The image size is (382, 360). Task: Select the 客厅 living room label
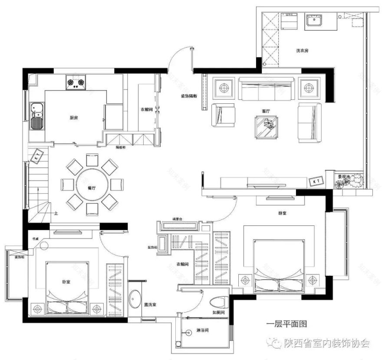click(266, 112)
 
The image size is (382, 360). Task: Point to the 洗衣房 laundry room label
click(302, 51)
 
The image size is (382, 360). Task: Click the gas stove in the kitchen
click(76, 82)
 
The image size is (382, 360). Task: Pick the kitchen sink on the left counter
click(36, 116)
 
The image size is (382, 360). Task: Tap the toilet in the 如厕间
click(217, 303)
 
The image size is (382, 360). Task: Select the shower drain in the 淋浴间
click(188, 333)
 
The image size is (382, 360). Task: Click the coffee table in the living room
click(266, 126)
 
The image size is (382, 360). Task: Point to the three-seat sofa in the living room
click(265, 89)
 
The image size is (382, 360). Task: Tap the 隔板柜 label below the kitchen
click(121, 147)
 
